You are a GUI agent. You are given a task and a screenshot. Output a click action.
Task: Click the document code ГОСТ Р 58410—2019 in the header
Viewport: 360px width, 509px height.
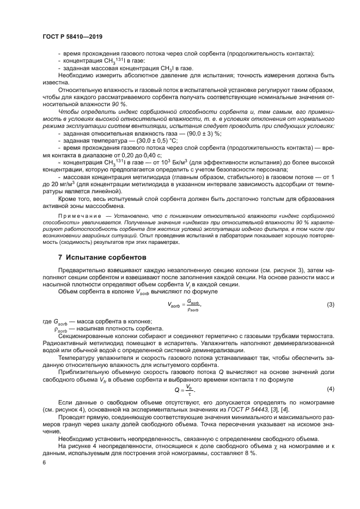tap(72, 36)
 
